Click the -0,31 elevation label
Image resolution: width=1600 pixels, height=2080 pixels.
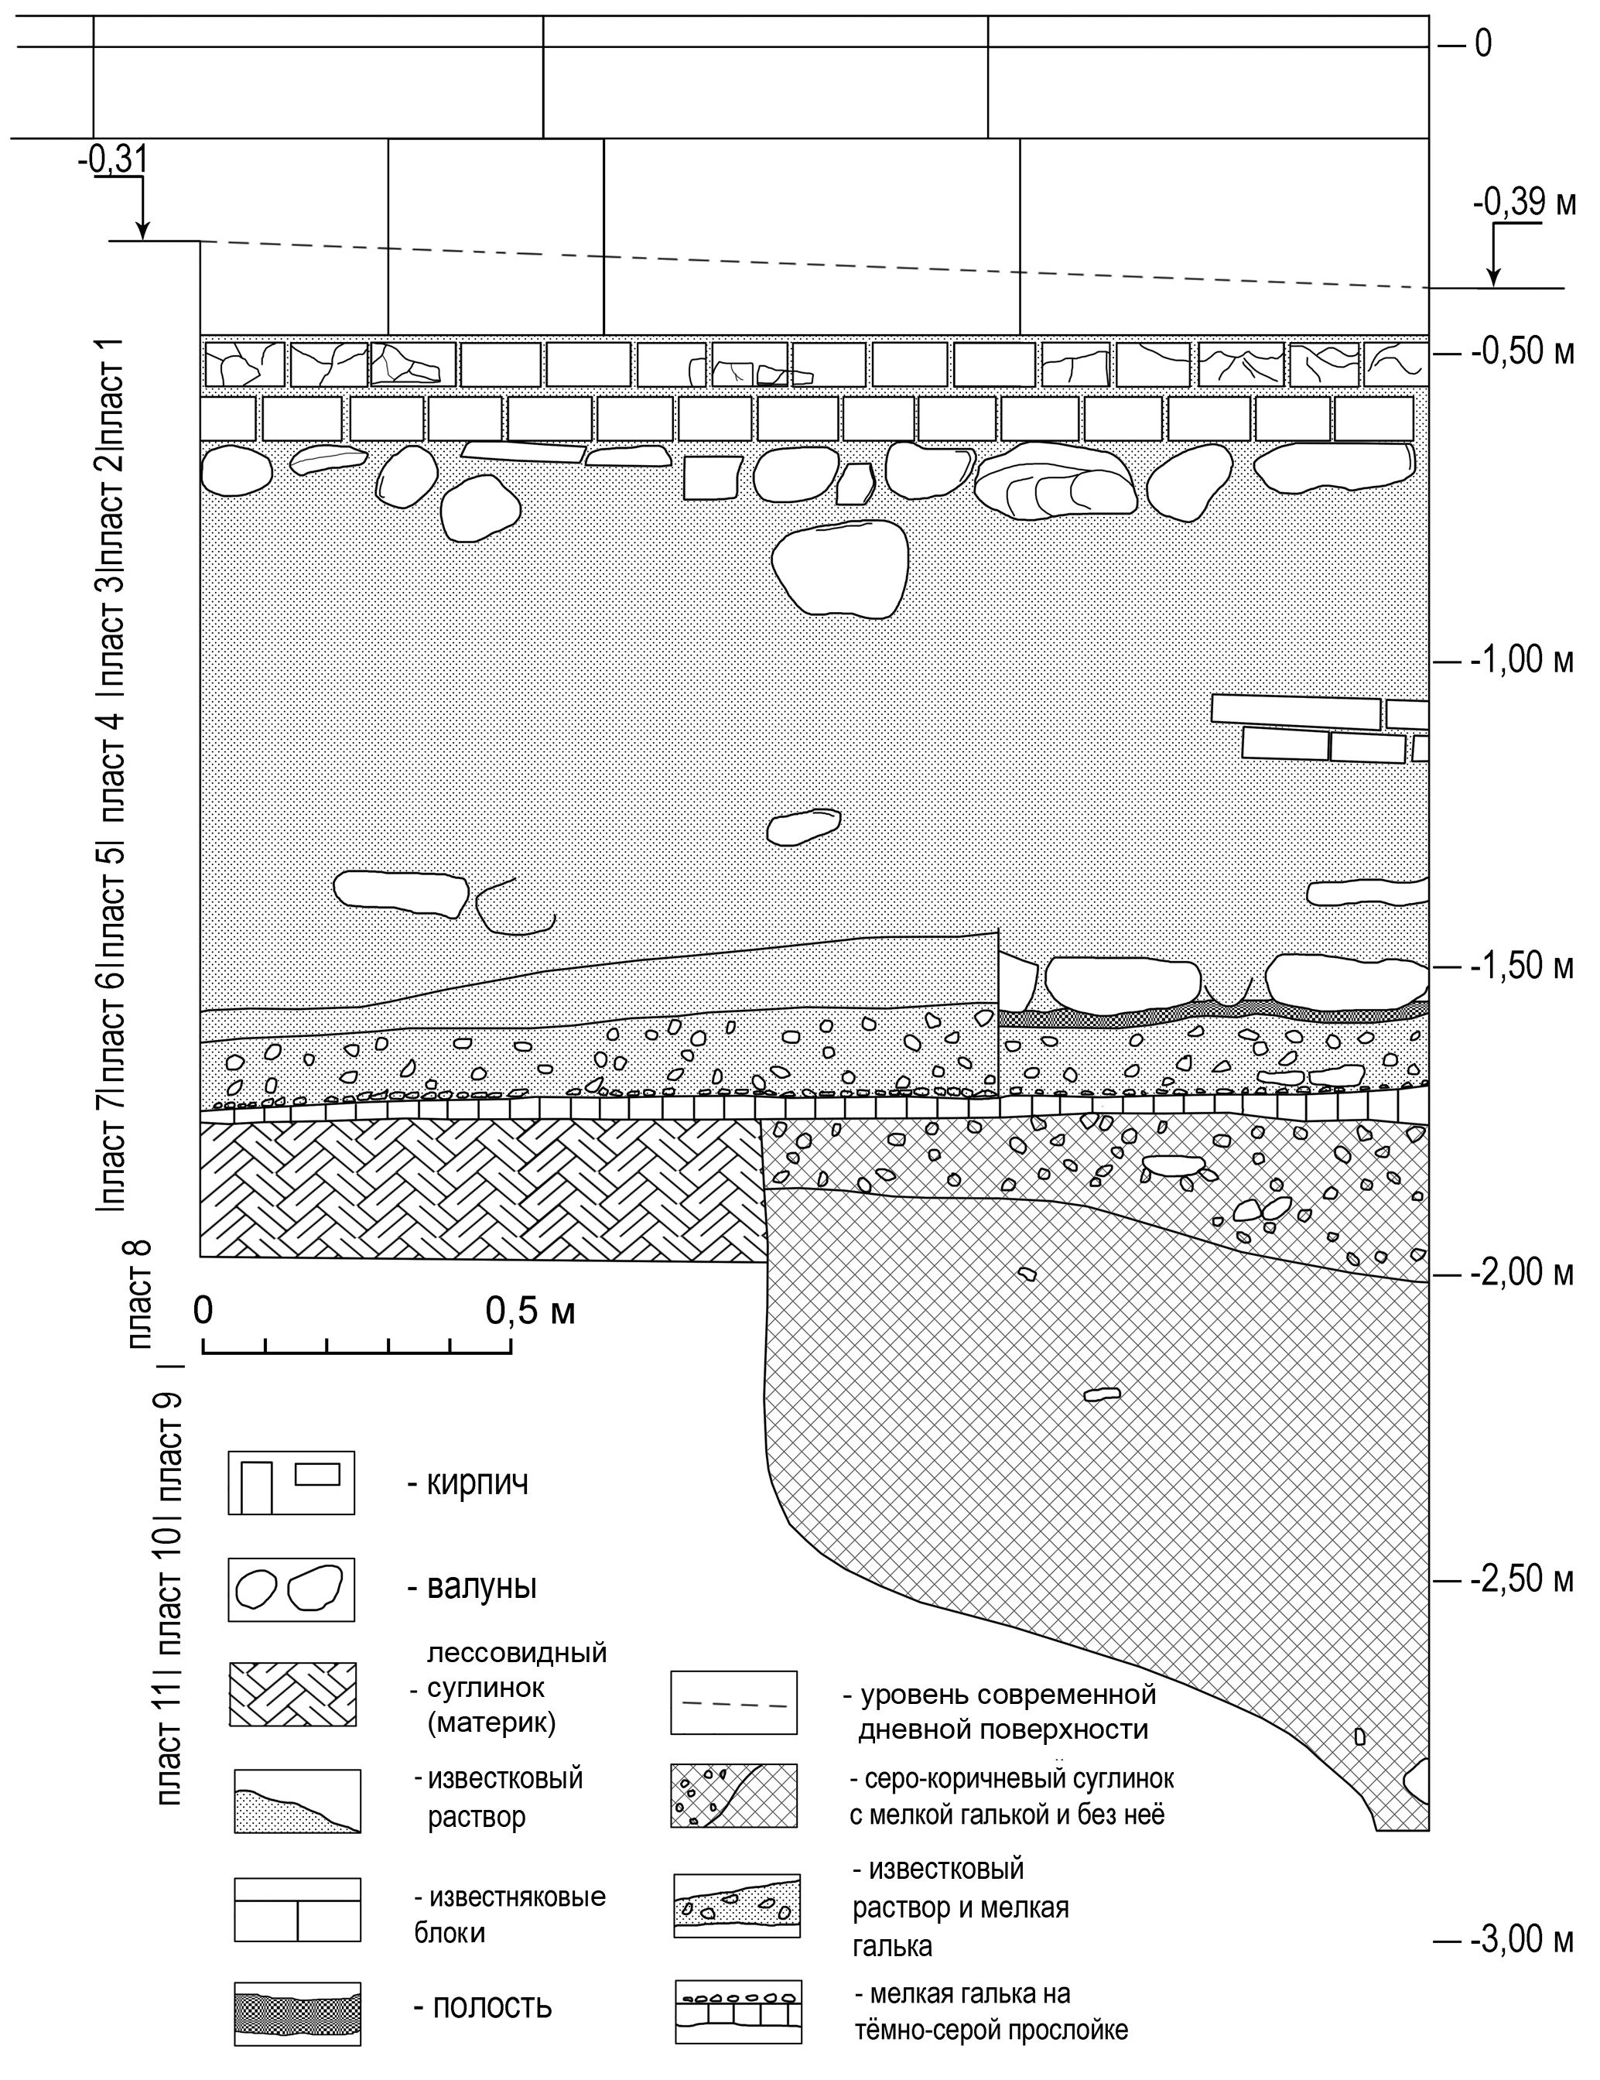pyautogui.click(x=112, y=160)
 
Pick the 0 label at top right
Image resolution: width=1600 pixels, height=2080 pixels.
pyautogui.click(x=1483, y=44)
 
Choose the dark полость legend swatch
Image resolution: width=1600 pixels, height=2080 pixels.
pyautogui.click(x=297, y=2010)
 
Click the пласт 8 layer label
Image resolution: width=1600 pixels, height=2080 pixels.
pyautogui.click(x=140, y=1295)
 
